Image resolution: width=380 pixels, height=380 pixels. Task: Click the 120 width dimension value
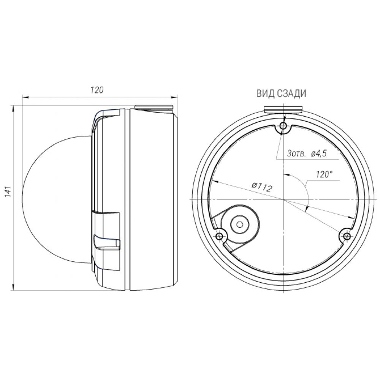97,90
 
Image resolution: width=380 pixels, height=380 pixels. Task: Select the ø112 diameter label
262,187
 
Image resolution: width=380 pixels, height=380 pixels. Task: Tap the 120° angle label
324,174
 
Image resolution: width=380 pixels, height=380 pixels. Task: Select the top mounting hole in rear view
283,125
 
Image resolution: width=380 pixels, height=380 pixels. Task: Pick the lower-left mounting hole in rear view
220,236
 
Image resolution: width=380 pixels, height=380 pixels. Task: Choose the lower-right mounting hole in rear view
347,236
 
